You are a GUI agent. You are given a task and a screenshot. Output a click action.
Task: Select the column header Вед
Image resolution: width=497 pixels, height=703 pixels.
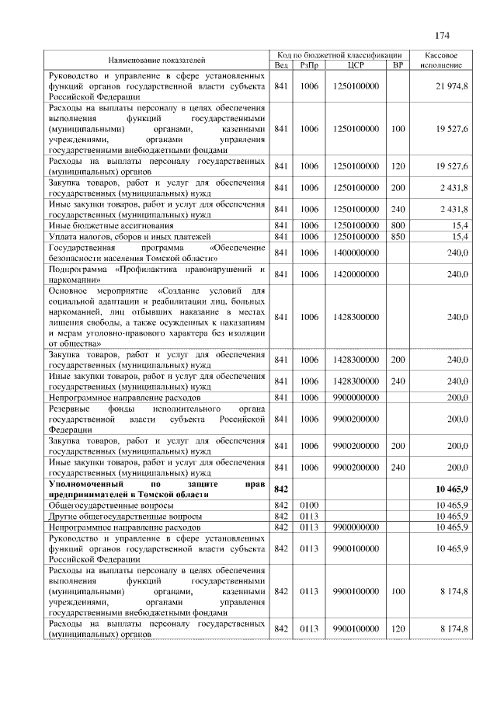pyautogui.click(x=281, y=65)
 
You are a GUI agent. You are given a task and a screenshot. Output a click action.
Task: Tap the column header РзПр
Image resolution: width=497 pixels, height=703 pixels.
pyautogui.click(x=309, y=65)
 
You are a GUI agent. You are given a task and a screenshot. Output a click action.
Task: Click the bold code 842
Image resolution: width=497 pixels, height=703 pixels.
pyautogui.click(x=281, y=489)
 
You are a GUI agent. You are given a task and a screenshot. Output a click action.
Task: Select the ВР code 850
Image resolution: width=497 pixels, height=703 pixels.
pyautogui.click(x=398, y=236)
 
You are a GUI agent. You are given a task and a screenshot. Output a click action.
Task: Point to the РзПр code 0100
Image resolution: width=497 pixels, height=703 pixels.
pyautogui.click(x=309, y=505)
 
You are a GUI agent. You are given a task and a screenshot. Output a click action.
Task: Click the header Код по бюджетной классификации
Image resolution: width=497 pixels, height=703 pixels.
pyautogui.click(x=339, y=55)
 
